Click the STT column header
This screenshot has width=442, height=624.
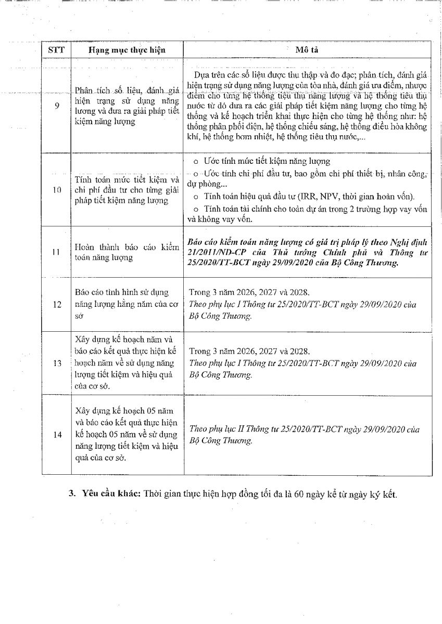56,49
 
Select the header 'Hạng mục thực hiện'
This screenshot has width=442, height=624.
127,50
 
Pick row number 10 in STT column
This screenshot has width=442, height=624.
57,189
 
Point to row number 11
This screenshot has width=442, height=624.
57,252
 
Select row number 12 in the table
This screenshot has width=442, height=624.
57,304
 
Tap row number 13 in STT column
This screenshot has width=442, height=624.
57,363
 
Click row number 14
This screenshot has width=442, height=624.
57,435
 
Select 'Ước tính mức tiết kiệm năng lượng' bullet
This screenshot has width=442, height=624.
266,161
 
